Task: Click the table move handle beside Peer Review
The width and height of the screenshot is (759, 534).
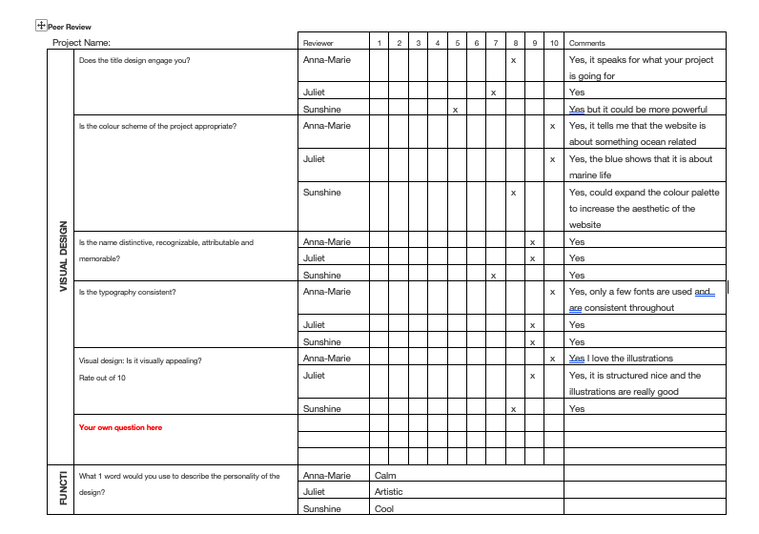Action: coord(40,27)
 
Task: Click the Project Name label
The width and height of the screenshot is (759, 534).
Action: coord(81,43)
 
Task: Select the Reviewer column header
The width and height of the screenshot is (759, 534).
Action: coord(318,43)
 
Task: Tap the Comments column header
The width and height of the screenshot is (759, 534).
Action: coord(586,43)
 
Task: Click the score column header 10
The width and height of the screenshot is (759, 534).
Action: coord(553,43)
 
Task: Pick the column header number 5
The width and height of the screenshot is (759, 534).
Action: coord(457,43)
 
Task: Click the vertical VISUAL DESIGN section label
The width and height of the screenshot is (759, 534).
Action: coord(64,257)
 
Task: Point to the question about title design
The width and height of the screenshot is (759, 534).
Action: coord(134,60)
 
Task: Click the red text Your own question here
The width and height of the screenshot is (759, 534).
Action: coord(120,428)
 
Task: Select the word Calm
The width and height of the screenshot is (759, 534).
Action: coord(385,475)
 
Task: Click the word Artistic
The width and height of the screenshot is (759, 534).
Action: coord(389,492)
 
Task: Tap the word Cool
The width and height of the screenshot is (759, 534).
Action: coord(384,509)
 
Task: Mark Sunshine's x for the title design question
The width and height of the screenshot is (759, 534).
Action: coord(456,110)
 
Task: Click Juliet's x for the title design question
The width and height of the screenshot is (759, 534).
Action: coord(493,92)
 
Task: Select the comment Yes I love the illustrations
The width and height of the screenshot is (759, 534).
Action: coord(621,359)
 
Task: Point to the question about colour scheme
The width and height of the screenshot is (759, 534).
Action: coord(157,126)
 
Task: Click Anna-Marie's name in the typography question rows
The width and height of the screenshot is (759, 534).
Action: coord(326,292)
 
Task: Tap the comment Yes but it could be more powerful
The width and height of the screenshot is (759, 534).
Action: coord(638,110)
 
